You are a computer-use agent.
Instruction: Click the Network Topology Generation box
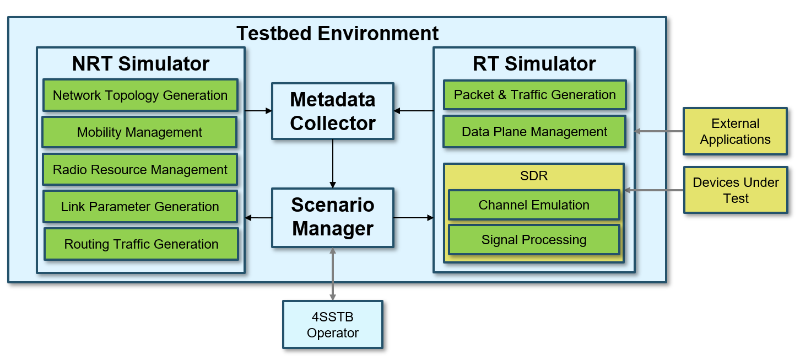click(x=140, y=95)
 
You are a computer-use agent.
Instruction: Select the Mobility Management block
click(x=139, y=132)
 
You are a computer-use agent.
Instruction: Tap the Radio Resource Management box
click(x=140, y=170)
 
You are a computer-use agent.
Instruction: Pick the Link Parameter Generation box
click(x=140, y=207)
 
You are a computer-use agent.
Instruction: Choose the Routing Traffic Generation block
click(x=141, y=244)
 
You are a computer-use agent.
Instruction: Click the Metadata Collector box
click(x=333, y=111)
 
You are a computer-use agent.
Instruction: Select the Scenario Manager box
click(x=333, y=217)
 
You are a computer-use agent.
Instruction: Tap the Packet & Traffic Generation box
click(x=534, y=95)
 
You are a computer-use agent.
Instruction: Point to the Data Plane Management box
click(x=534, y=132)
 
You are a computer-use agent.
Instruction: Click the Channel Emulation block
click(x=534, y=205)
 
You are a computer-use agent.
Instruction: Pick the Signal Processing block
click(x=534, y=240)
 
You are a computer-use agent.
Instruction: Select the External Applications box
click(x=735, y=131)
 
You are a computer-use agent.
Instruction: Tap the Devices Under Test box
click(x=736, y=190)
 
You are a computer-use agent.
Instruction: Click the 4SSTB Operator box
click(x=333, y=325)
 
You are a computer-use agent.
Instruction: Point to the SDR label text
click(x=534, y=176)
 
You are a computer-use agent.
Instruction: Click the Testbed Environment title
click(x=337, y=34)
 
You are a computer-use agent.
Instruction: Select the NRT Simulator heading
click(x=140, y=64)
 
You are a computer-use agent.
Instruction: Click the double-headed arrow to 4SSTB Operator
click(x=333, y=273)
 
